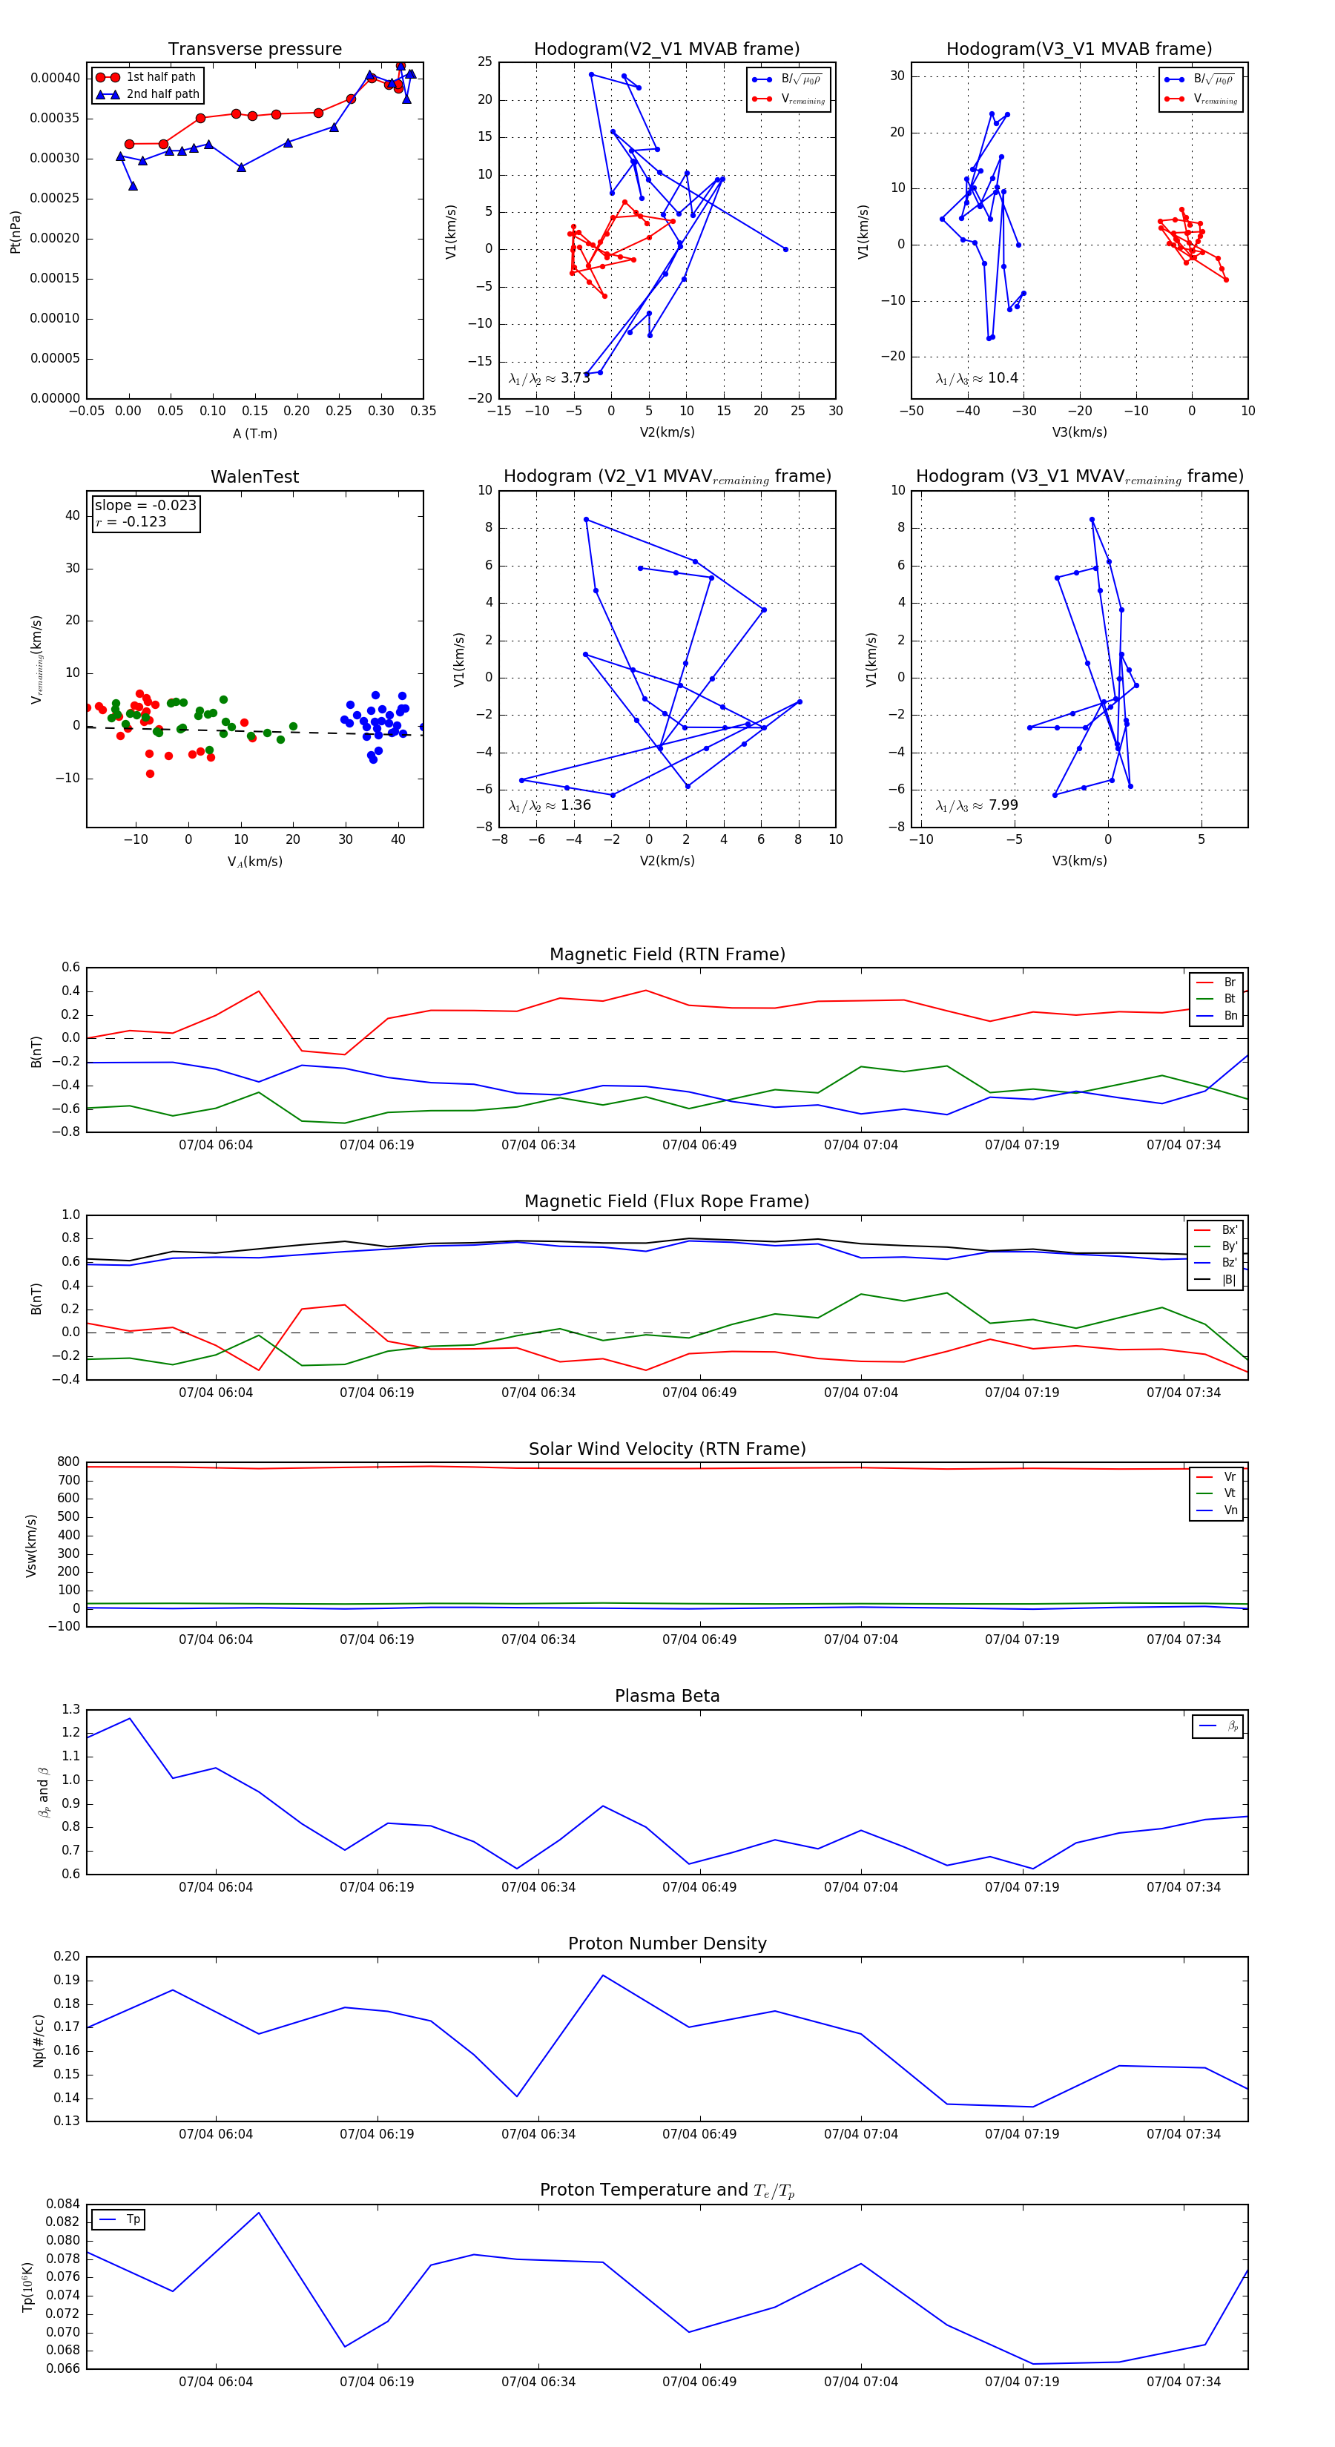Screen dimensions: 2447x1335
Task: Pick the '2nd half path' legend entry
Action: (162, 94)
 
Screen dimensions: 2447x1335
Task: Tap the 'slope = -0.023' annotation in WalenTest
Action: (145, 506)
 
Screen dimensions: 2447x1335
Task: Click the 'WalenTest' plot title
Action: (254, 477)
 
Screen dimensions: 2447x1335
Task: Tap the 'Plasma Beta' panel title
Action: (667, 1696)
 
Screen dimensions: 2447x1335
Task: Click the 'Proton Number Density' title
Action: (667, 1944)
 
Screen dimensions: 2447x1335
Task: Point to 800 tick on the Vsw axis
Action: (68, 1462)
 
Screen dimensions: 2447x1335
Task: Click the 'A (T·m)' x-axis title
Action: (254, 434)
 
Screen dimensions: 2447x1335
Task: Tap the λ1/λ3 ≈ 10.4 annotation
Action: (977, 378)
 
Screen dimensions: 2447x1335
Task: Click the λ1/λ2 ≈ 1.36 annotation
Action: (549, 805)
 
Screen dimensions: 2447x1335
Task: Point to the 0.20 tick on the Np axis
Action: (67, 1957)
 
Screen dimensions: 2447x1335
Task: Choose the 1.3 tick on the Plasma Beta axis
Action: (70, 1710)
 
